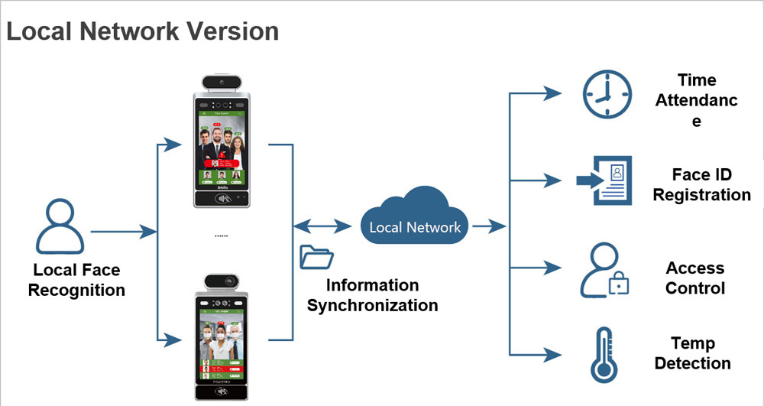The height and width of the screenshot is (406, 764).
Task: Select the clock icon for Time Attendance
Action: point(607,96)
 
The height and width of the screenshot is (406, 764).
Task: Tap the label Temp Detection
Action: point(692,353)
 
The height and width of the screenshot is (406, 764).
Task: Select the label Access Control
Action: point(694,278)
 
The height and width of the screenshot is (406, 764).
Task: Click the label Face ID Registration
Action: point(701,185)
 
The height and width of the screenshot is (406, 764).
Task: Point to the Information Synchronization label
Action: point(372,295)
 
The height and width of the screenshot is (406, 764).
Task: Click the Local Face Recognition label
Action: point(76,280)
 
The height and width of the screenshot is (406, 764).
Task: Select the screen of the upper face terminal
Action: point(222,149)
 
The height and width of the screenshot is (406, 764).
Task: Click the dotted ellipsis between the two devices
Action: point(221,236)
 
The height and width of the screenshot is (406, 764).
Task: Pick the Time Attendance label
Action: point(696,100)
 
